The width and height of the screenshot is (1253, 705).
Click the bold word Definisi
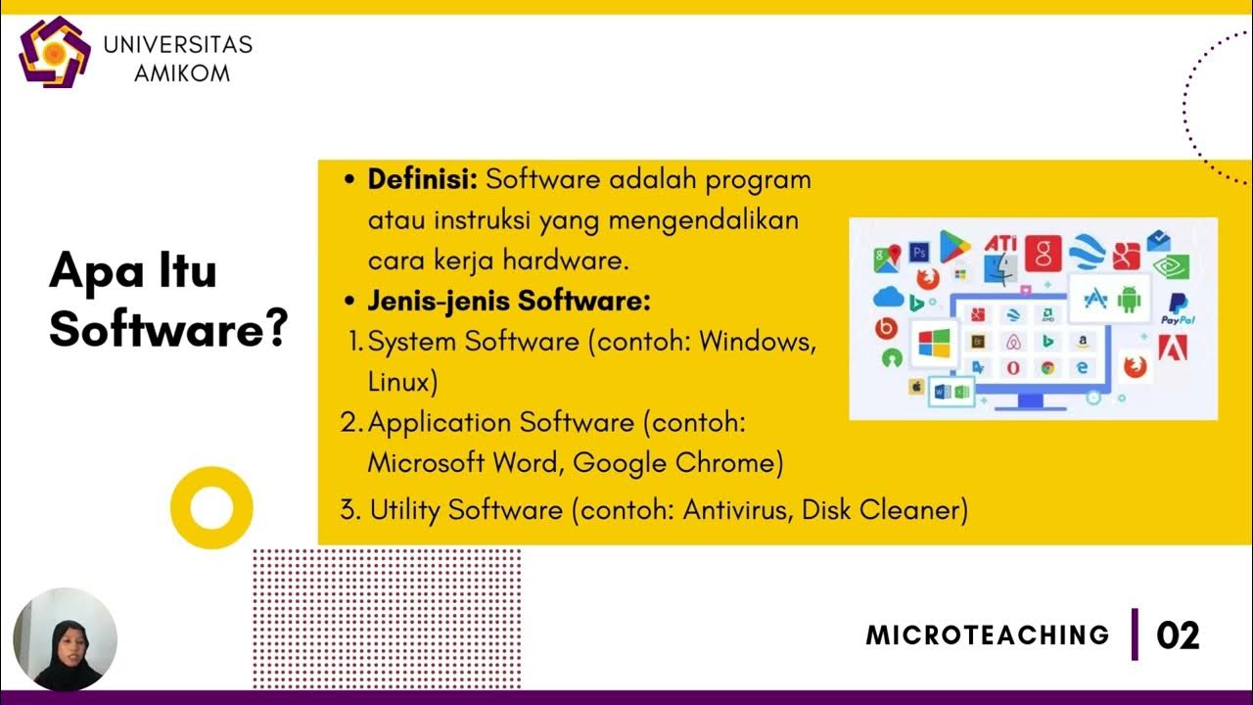(x=421, y=180)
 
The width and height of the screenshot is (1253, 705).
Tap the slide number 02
(x=1178, y=635)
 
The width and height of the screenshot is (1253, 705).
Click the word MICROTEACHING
(x=987, y=635)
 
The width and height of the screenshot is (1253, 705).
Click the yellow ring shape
(x=211, y=507)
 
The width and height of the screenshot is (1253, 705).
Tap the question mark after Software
(x=275, y=330)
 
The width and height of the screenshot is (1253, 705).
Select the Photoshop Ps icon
(x=918, y=252)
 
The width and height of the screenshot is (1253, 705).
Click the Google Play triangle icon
(x=954, y=246)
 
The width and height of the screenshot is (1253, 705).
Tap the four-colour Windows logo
(x=933, y=344)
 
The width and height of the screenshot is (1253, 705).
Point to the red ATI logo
(x=1000, y=243)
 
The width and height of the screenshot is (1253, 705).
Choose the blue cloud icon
(x=888, y=296)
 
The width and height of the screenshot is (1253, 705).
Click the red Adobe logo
(x=1173, y=347)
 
